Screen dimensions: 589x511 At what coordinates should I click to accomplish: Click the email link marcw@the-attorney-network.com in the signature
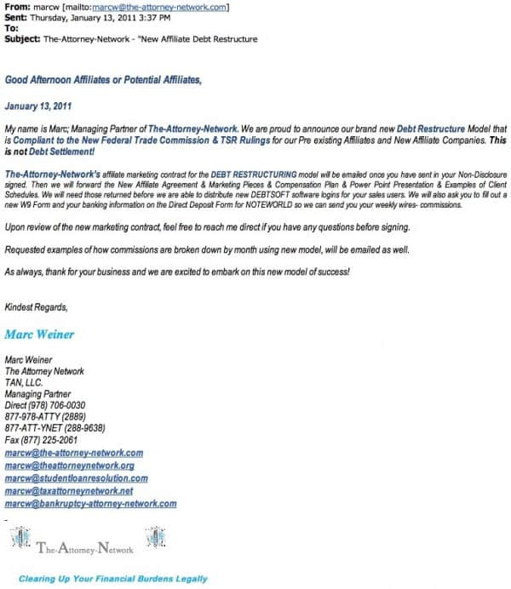[73, 453]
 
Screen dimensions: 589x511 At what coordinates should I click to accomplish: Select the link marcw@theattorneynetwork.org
[69, 466]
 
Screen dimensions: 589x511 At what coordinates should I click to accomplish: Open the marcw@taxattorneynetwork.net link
[69, 491]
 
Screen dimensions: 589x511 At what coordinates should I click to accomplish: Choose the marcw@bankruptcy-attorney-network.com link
[90, 504]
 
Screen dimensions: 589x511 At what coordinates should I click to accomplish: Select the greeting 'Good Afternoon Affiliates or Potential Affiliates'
[104, 80]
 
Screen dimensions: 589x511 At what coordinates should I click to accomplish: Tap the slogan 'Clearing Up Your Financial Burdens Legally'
[113, 579]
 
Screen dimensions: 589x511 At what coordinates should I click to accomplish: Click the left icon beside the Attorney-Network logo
[19, 538]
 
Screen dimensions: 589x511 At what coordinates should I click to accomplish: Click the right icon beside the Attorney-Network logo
[156, 537]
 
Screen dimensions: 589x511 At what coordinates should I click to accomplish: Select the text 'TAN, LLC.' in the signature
[24, 382]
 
